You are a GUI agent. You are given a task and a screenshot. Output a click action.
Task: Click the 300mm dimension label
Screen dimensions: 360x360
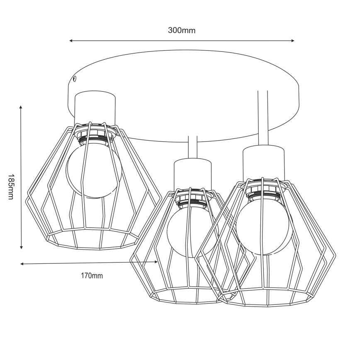pyautogui.click(x=181, y=30)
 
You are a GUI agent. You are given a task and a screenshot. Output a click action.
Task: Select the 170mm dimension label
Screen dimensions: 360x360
pyautogui.click(x=92, y=275)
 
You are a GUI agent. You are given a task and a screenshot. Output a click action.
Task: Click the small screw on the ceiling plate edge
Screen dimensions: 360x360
pyautogui.click(x=74, y=78)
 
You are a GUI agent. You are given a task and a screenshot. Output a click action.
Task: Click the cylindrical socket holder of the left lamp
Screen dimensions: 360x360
pyautogui.click(x=95, y=107)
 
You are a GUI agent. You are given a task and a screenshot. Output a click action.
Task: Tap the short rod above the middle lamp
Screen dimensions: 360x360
pyautogui.click(x=192, y=147)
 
